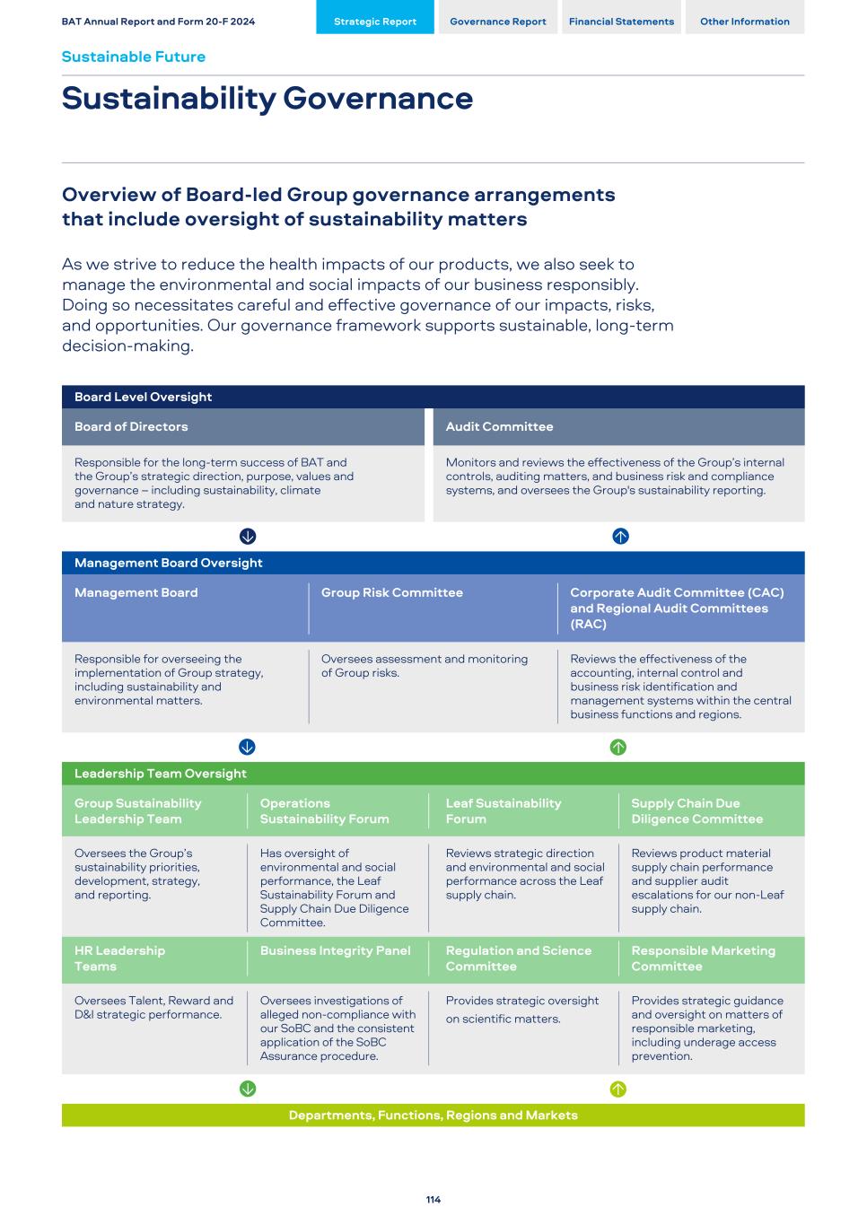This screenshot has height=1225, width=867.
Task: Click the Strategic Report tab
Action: pos(375,22)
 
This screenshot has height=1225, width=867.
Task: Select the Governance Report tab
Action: pos(498,22)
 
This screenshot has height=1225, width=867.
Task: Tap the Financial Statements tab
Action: pos(621,22)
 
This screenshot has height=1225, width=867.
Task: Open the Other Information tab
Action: pos(745,22)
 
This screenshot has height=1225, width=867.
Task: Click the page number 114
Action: pos(433,1200)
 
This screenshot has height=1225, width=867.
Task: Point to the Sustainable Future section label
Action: pos(134,57)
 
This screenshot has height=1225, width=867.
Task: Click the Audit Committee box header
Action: pos(500,427)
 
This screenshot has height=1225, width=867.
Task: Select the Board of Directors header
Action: pos(131,427)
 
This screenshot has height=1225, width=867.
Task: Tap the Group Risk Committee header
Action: pos(392,593)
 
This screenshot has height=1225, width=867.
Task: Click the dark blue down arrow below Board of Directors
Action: pos(248,537)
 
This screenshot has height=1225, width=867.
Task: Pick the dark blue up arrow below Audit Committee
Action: pos(620,537)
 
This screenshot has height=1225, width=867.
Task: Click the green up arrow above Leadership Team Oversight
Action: pos(618,748)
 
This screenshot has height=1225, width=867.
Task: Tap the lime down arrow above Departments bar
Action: pos(248,1089)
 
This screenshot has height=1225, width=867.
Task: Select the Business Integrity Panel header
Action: pos(336,951)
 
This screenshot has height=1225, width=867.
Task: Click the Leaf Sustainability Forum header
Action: pos(504,811)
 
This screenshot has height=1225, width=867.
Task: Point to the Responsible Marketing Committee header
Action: pos(703,958)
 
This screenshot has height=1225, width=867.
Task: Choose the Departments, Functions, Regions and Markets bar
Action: pos(433,1116)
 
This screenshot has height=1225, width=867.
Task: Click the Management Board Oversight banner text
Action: pos(169,564)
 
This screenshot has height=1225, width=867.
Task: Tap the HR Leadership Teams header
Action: pos(119,958)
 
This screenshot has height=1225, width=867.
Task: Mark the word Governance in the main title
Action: pos(378,99)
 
